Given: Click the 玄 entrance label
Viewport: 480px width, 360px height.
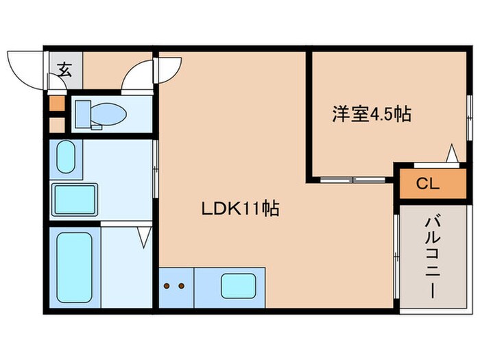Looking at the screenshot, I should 64,69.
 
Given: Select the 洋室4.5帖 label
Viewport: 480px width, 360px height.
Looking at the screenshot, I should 372,114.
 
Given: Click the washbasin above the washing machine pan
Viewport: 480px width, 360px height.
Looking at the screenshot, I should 67,158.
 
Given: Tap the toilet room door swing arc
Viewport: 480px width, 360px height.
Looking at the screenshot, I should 137,75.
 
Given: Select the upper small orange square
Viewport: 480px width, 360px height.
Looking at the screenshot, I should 56,105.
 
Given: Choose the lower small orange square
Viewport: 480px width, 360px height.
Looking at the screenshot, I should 56,125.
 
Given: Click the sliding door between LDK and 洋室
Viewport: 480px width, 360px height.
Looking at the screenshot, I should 351,180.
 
